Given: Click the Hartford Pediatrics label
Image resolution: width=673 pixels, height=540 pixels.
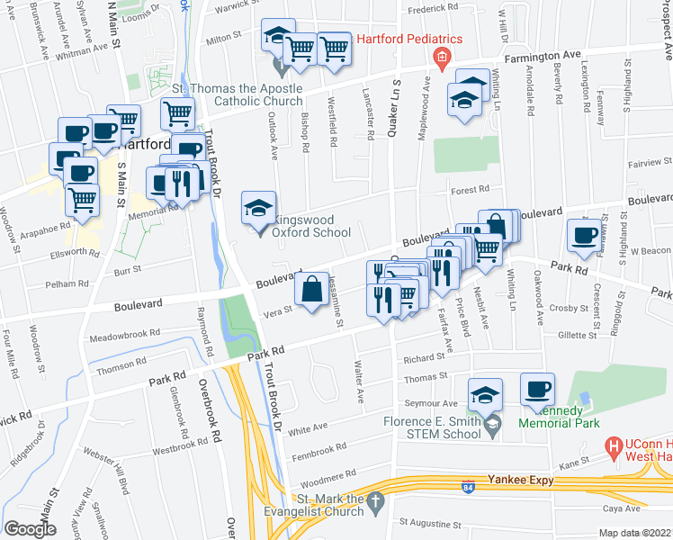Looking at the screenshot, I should tap(409, 40).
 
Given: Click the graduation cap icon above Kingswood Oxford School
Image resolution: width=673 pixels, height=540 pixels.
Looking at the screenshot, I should tap(258, 209).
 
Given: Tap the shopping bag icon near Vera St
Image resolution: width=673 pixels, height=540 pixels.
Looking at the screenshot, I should tap(311, 290).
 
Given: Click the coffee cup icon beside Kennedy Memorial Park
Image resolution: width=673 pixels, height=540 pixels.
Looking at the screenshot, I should tap(538, 389).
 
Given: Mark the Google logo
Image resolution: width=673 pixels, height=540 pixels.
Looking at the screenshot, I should tap(30, 529).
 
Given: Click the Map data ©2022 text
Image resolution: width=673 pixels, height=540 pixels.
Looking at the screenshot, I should tap(634, 533).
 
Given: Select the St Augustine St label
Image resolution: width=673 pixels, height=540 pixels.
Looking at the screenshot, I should tap(430, 522).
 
